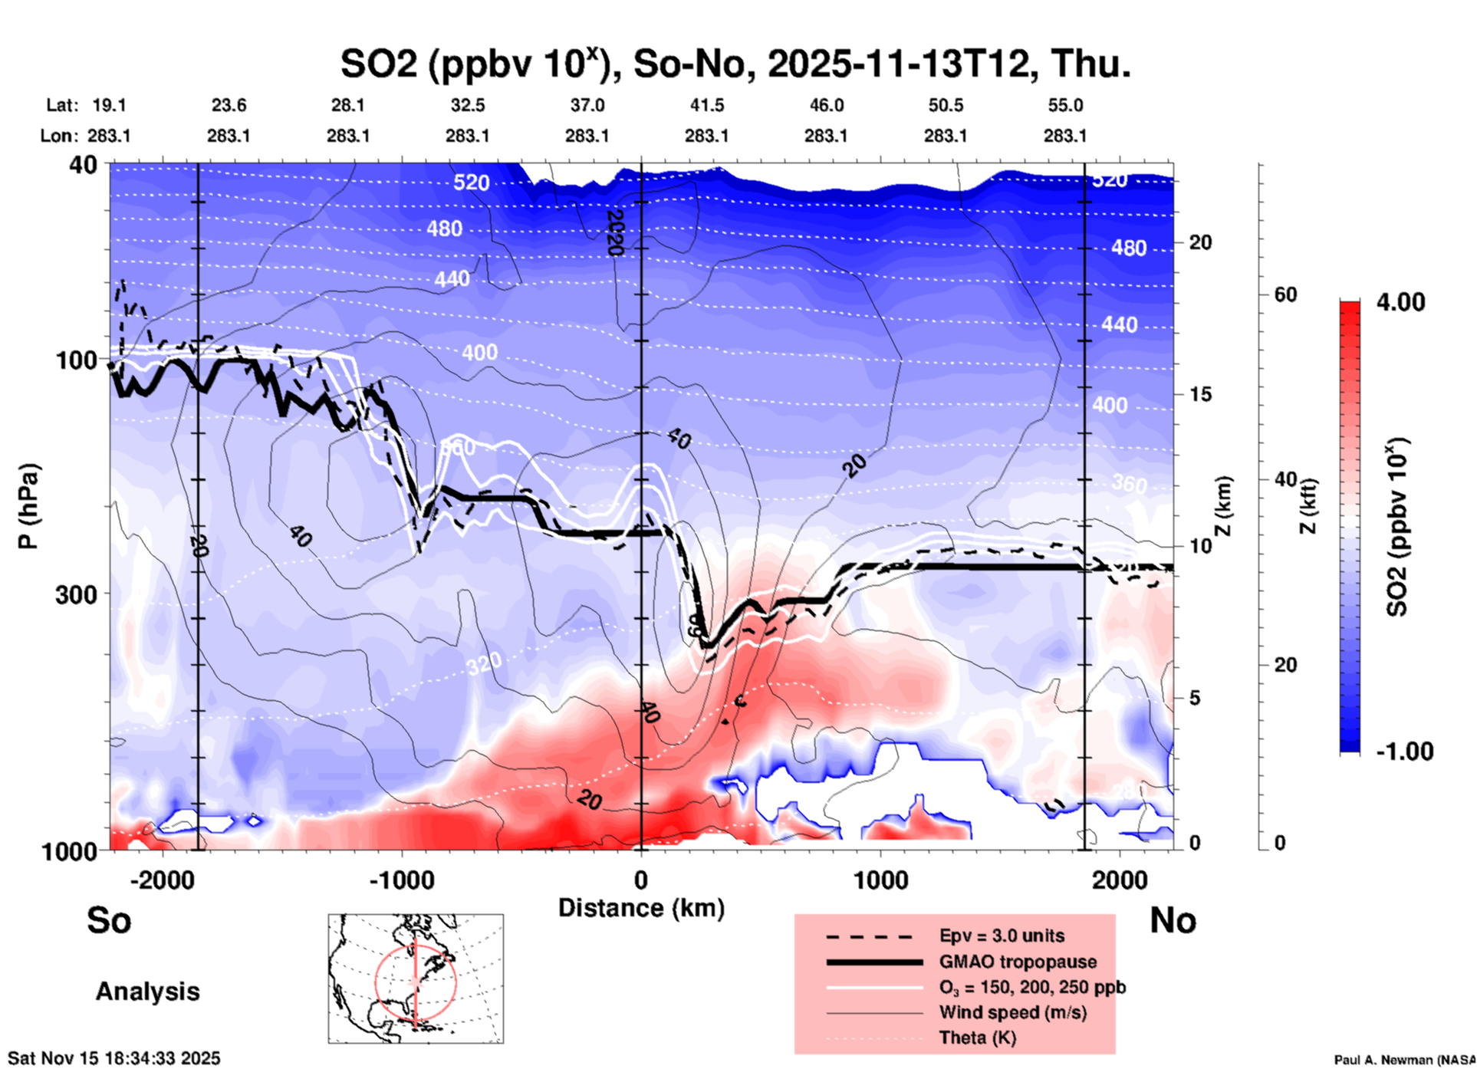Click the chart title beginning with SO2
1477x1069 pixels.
pyautogui.click(x=735, y=64)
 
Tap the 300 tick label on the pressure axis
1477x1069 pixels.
pyautogui.click(x=77, y=594)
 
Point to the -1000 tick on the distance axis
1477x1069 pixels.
pyautogui.click(x=402, y=880)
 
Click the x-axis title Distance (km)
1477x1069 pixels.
pyautogui.click(x=641, y=908)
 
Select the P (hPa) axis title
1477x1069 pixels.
pyautogui.click(x=28, y=506)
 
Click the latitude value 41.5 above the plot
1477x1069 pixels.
pyautogui.click(x=706, y=105)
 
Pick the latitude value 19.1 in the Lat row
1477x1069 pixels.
pyautogui.click(x=109, y=105)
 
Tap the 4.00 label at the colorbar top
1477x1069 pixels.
pyautogui.click(x=1400, y=302)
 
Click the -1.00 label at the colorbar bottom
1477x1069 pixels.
pyautogui.click(x=1404, y=751)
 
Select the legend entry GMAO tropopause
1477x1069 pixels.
pyautogui.click(x=1018, y=962)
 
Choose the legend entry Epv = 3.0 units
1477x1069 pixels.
pyautogui.click(x=1002, y=936)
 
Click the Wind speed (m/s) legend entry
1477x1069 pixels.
pyautogui.click(x=1012, y=1012)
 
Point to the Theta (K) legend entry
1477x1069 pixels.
pyautogui.click(x=977, y=1038)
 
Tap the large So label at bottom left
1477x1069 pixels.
pyautogui.click(x=109, y=920)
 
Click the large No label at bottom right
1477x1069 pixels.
pyautogui.click(x=1173, y=920)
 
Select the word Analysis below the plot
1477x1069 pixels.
pyautogui.click(x=147, y=992)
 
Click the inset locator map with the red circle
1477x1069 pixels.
pyautogui.click(x=416, y=978)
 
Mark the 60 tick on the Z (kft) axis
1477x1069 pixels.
pyautogui.click(x=1285, y=294)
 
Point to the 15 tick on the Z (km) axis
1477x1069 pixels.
pyautogui.click(x=1200, y=394)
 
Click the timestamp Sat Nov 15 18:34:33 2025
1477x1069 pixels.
pyautogui.click(x=114, y=1058)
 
